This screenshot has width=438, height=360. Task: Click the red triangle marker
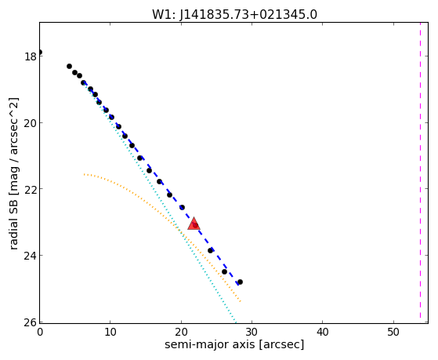click(194, 224)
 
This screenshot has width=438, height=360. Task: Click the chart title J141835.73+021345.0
click(248, 15)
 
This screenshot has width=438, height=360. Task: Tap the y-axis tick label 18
click(31, 56)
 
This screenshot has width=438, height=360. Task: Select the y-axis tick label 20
click(30, 123)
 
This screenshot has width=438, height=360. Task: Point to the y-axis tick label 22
click(30, 189)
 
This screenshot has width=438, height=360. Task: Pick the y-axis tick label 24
click(30, 256)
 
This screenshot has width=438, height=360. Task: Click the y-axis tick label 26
click(30, 322)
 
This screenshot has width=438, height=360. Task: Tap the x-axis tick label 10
click(110, 332)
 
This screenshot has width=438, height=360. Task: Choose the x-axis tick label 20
click(181, 332)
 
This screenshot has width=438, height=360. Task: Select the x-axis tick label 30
click(252, 332)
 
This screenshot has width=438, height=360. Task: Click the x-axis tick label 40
click(322, 332)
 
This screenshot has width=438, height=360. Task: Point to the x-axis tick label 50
click(393, 332)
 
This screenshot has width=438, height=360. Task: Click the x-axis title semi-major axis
click(209, 344)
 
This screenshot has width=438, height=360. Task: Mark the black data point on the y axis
click(40, 52)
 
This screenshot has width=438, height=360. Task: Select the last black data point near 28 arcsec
click(240, 282)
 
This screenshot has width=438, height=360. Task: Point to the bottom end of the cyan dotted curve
click(236, 322)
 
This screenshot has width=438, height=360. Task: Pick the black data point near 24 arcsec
click(210, 251)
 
